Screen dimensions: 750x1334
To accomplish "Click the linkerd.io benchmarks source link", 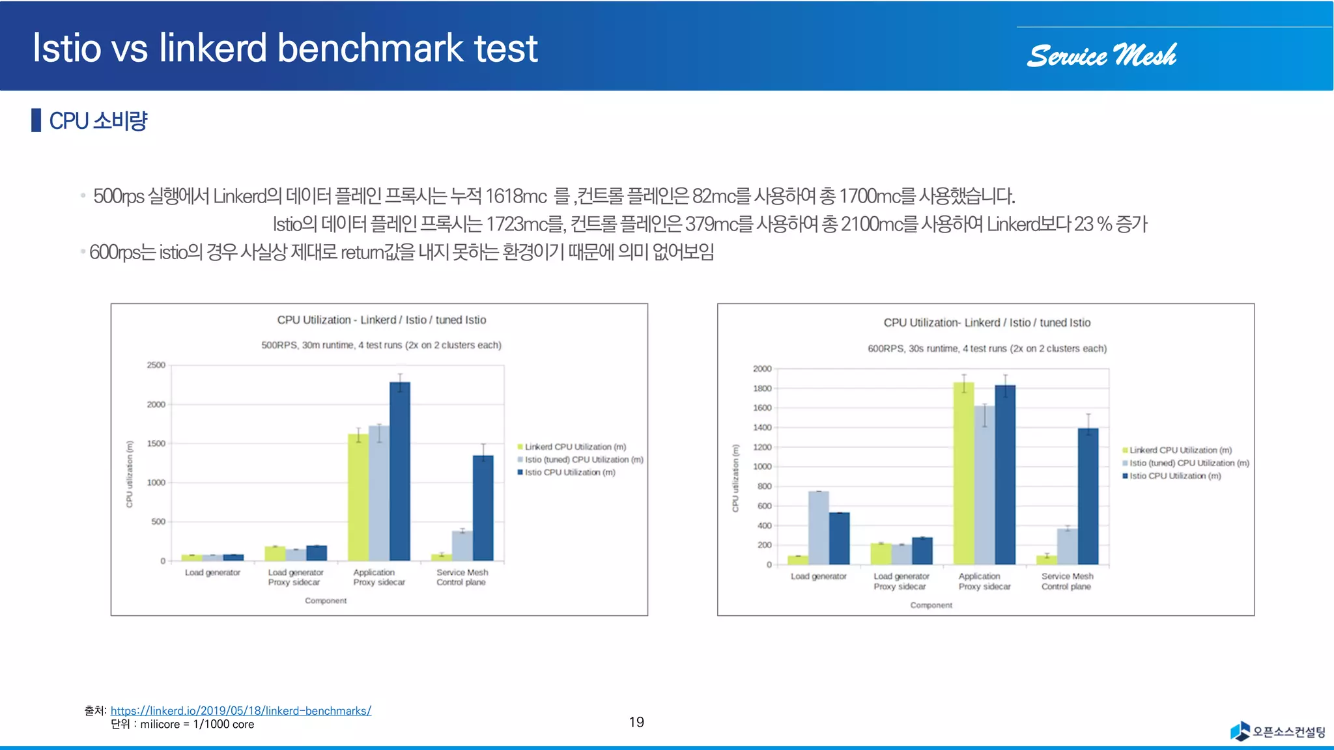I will click(240, 710).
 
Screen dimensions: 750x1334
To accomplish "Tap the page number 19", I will click(636, 722).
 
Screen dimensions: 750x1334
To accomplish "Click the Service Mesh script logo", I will click(1101, 56).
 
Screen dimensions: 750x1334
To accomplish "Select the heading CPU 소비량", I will click(98, 121).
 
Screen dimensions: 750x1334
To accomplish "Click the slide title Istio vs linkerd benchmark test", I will click(285, 48).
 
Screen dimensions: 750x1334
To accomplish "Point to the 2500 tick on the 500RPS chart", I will click(156, 365).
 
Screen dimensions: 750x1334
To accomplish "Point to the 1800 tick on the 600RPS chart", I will click(762, 389).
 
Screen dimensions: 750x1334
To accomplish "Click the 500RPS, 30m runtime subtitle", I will click(381, 345).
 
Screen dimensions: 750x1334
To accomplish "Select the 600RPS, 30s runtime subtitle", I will click(987, 349).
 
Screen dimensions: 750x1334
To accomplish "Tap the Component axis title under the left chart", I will click(326, 600).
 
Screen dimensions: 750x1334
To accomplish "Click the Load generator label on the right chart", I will click(818, 576).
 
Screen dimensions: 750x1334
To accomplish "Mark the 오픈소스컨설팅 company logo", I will click(1278, 731).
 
